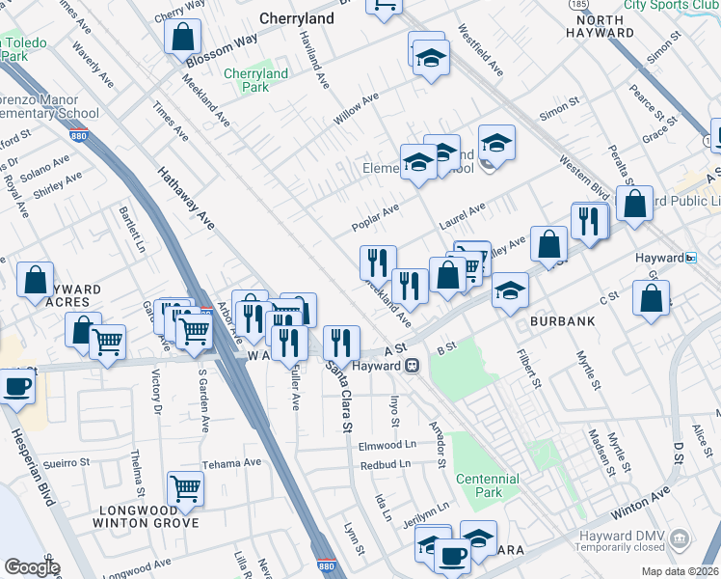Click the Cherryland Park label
tap(255, 80)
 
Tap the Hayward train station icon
tap(412, 366)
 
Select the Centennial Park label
tap(486, 485)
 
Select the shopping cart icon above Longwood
tap(185, 487)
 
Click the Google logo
tap(32, 567)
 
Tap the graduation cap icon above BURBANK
tap(510, 289)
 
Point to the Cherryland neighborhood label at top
tap(297, 18)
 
